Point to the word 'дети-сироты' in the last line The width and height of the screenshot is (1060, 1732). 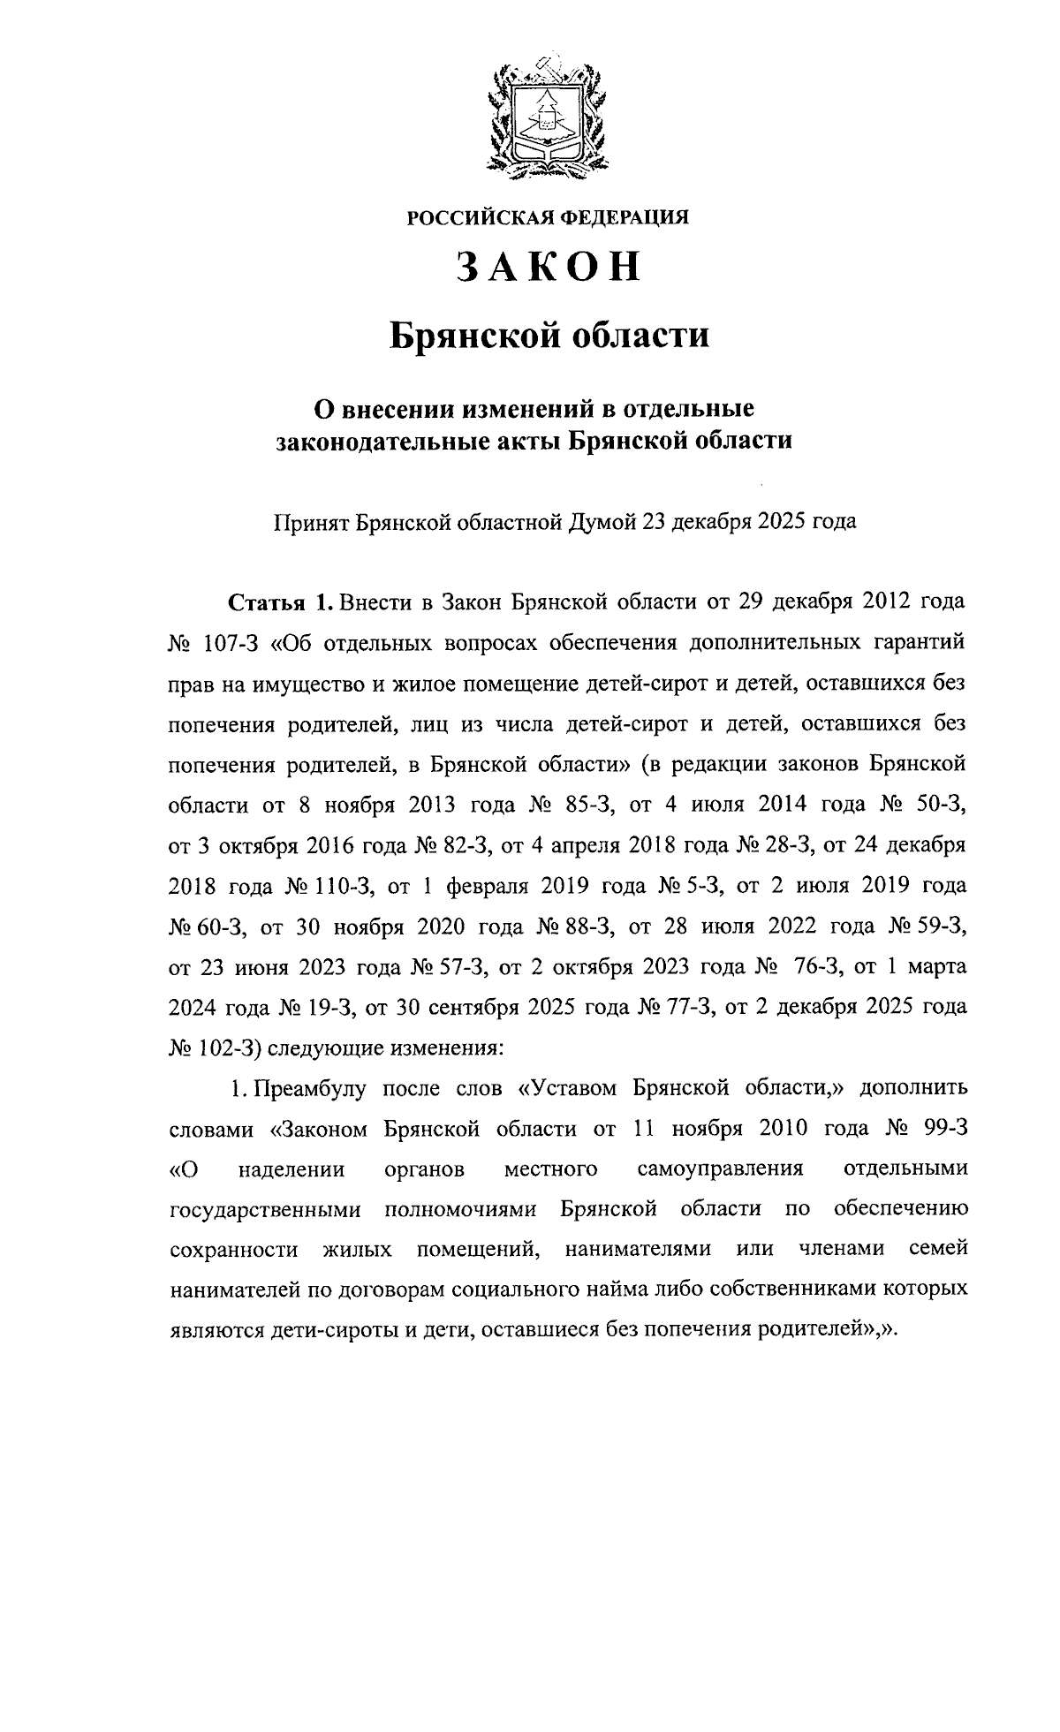[x=341, y=1330]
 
